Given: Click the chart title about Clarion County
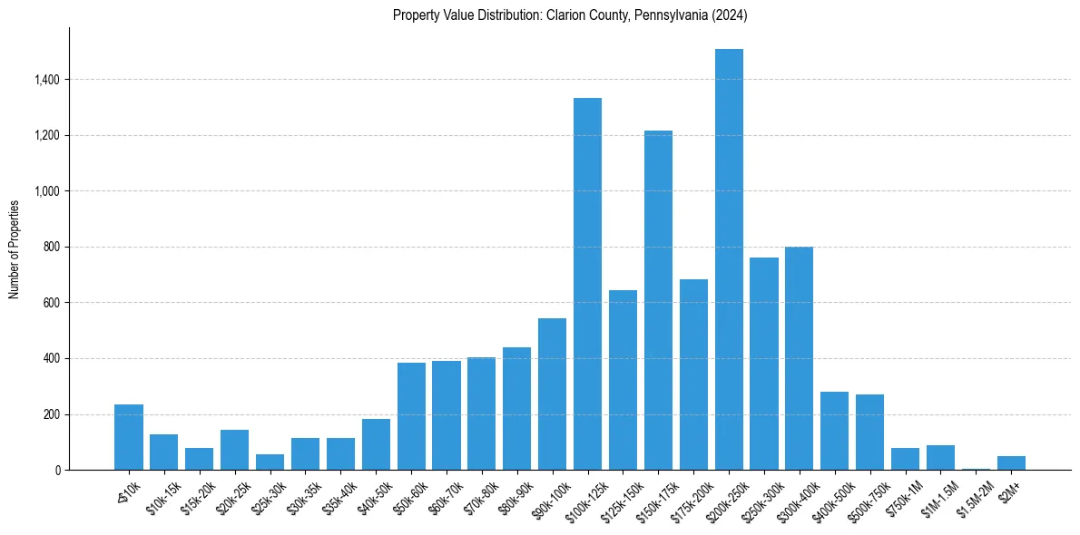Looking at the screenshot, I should [x=570, y=15].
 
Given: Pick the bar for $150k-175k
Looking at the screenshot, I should [x=658, y=300].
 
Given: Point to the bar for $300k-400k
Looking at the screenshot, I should [x=799, y=358].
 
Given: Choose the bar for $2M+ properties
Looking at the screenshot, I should [x=1011, y=462].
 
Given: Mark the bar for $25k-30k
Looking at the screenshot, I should [x=270, y=462].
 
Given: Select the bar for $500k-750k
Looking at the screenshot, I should [x=869, y=432].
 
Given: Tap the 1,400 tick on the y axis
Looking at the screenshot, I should [x=46, y=80].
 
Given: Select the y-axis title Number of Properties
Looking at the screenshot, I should [x=15, y=248].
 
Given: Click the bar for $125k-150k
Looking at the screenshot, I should [x=623, y=380].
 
